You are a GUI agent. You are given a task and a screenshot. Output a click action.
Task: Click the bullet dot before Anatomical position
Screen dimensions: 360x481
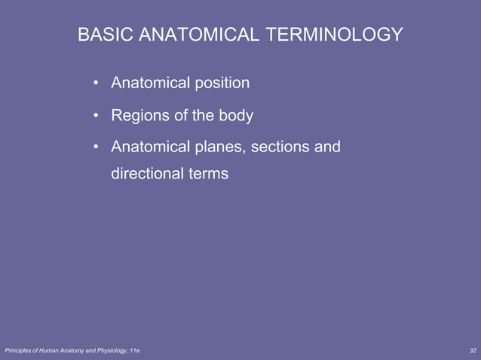[97, 83]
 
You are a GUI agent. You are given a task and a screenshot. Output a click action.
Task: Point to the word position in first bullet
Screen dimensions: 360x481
[222, 82]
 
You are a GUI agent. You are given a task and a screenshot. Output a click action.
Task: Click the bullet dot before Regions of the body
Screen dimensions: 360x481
[97, 117]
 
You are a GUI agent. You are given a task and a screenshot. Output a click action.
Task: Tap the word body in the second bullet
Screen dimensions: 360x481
[235, 116]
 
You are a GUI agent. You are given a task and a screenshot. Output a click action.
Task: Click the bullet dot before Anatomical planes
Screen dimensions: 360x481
[97, 147]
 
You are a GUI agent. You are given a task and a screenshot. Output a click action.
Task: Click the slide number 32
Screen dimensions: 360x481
[472, 351]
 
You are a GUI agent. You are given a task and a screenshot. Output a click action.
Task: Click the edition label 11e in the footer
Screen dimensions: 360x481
[134, 351]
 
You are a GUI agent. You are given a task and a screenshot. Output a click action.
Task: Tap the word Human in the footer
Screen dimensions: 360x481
[51, 351]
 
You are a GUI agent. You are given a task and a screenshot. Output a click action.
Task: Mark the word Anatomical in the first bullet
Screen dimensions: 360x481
[149, 82]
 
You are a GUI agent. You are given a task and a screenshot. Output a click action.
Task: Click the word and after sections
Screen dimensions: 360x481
[327, 146]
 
